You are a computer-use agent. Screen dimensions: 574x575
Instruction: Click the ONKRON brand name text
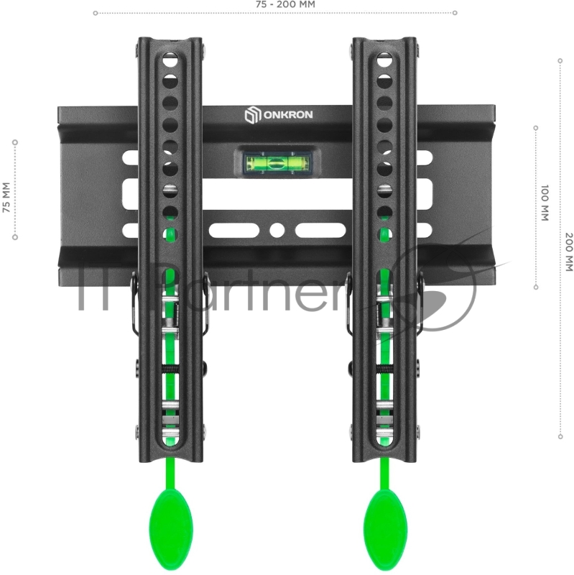click(x=288, y=115)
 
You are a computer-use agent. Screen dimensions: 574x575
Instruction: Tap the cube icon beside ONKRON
click(x=253, y=115)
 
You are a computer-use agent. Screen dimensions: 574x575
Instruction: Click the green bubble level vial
click(x=277, y=163)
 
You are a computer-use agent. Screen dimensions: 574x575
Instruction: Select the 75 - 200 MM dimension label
click(x=285, y=4)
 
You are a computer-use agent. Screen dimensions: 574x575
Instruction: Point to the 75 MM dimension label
click(x=6, y=197)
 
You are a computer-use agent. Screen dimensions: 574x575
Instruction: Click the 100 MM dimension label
click(x=545, y=203)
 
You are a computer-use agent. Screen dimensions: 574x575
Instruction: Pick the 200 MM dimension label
click(x=569, y=252)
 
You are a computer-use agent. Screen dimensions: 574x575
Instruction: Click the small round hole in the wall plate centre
click(x=277, y=230)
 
